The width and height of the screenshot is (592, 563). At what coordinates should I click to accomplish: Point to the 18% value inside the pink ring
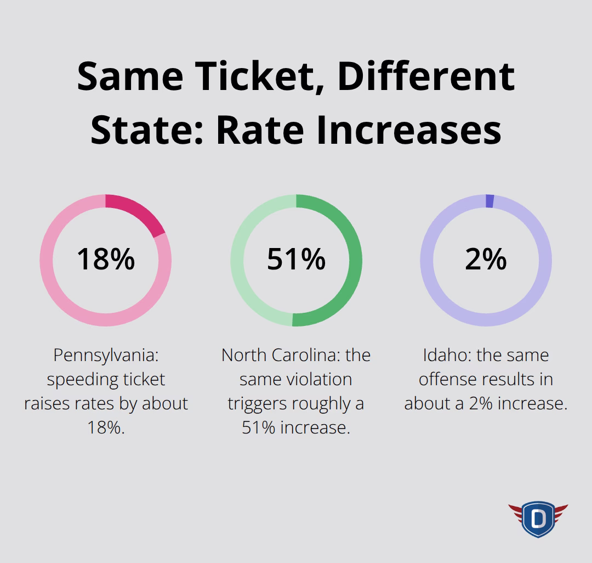point(105,259)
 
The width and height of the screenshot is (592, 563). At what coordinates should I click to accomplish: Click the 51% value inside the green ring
point(296,259)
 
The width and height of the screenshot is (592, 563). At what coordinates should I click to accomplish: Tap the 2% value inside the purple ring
point(486,259)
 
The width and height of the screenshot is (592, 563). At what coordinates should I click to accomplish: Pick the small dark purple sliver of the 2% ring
point(489,201)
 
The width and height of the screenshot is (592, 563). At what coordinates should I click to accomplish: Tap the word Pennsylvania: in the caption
point(105,356)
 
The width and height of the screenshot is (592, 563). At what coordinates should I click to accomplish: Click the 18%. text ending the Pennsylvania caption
point(106,428)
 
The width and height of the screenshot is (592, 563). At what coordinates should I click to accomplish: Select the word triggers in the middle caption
point(257,404)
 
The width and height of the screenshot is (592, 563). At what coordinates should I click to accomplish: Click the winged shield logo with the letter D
point(537,519)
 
